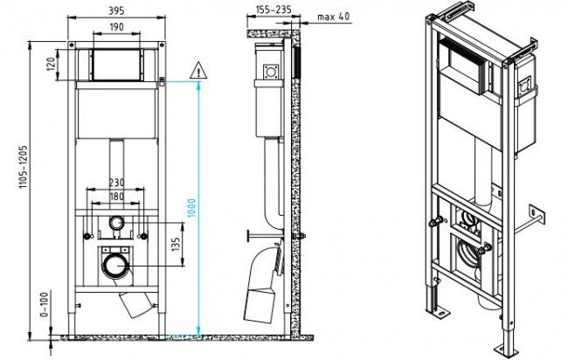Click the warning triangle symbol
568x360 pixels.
pos(198,69)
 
